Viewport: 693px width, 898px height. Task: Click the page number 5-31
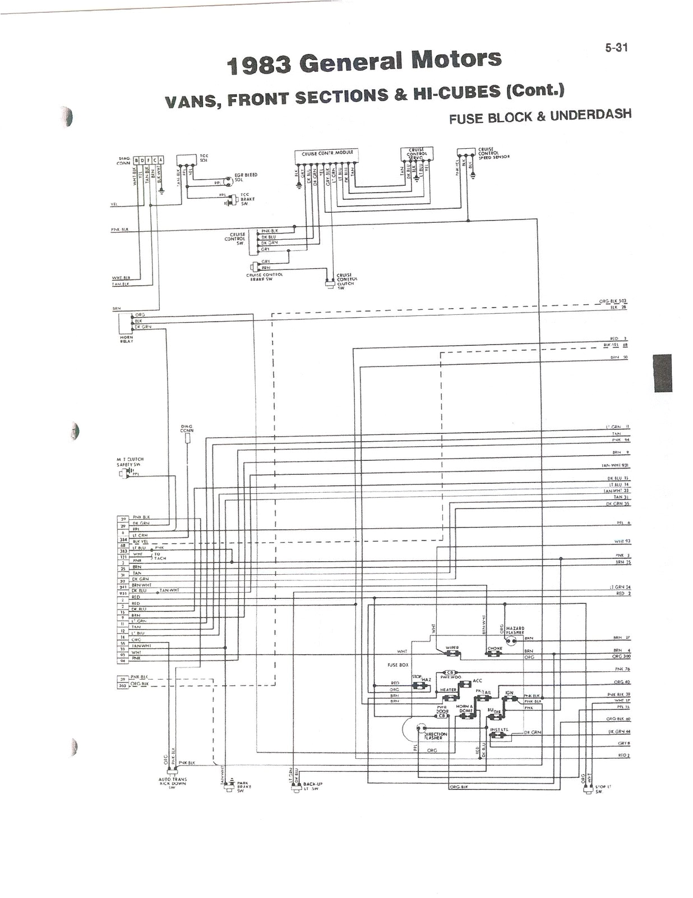point(616,48)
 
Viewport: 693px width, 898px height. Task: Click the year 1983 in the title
point(259,66)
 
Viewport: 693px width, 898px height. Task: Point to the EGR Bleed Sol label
point(246,177)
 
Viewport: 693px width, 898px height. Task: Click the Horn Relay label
point(126,340)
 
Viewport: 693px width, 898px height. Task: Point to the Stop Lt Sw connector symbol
point(587,789)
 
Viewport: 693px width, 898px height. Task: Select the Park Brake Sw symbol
point(228,789)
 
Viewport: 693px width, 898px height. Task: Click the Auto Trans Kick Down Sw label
point(173,783)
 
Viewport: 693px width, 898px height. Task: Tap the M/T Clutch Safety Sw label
point(130,462)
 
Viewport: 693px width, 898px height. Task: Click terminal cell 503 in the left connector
point(123,685)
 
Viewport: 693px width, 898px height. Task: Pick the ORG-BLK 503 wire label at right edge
point(612,301)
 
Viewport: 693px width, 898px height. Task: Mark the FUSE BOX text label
point(398,665)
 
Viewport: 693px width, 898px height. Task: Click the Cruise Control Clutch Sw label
point(346,280)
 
